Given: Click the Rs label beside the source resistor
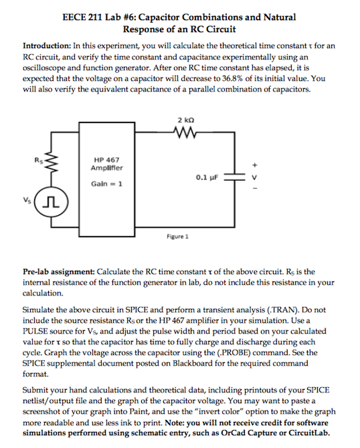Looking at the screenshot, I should click(38, 160).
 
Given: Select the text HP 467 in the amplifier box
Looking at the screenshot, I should click(106, 161).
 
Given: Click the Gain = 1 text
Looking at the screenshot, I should click(106, 184).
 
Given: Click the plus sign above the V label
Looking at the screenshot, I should click(258, 166).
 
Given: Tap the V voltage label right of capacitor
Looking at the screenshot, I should click(258, 177).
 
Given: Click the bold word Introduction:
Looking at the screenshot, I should click(47, 45).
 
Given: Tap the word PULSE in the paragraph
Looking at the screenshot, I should click(35, 331).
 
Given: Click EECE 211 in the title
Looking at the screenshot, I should click(83, 18).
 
